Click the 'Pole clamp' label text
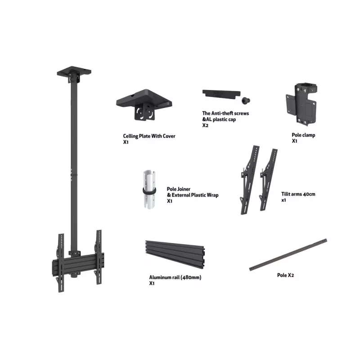[x=303, y=135]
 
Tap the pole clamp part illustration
[x=301, y=104]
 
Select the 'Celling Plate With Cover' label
[x=149, y=136]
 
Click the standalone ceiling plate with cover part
[x=144, y=104]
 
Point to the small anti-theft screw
[x=246, y=100]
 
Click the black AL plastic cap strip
[x=221, y=94]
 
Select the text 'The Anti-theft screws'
[x=225, y=113]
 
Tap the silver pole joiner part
[x=149, y=189]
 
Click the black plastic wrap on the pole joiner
[x=149, y=191]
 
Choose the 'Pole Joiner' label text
[x=179, y=189]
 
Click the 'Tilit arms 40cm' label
[x=298, y=194]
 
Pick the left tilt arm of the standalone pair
[x=250, y=180]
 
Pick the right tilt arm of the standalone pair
[x=268, y=180]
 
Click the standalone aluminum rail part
[x=175, y=254]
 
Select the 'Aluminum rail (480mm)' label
[x=175, y=277]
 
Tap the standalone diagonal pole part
[x=288, y=255]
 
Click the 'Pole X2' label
[x=285, y=275]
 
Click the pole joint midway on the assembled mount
[x=74, y=175]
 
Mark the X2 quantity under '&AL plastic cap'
[x=205, y=126]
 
